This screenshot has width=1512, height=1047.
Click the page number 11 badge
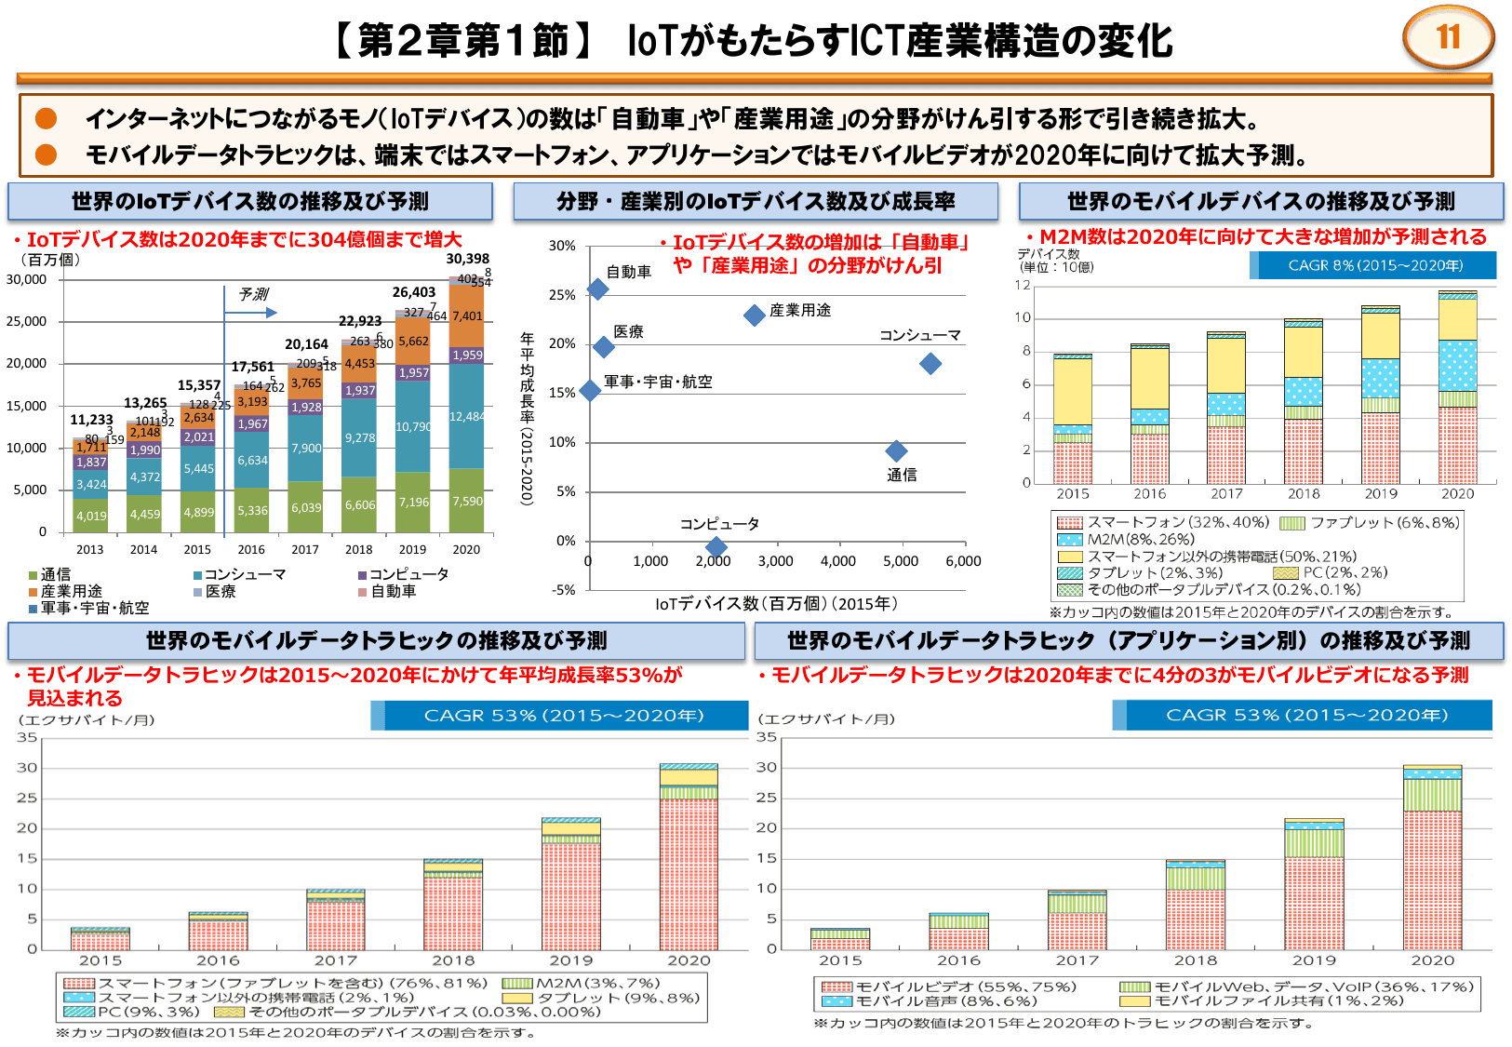click(1447, 38)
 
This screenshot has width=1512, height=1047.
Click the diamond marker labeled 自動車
click(597, 289)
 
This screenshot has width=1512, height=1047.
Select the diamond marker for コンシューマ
click(930, 363)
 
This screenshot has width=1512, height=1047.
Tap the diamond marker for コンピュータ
click(715, 546)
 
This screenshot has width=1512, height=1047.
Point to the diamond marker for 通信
click(895, 450)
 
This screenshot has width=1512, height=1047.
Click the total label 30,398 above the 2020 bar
click(467, 259)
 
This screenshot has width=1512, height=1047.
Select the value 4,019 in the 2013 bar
click(91, 516)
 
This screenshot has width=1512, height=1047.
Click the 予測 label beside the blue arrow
click(253, 294)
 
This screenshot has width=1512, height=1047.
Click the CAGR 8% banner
click(1374, 265)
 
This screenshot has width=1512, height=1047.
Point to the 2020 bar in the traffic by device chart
click(689, 856)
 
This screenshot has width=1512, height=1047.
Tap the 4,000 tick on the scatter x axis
click(837, 561)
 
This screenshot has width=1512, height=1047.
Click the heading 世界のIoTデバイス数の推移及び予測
click(250, 201)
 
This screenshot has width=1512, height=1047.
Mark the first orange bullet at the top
click(46, 118)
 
